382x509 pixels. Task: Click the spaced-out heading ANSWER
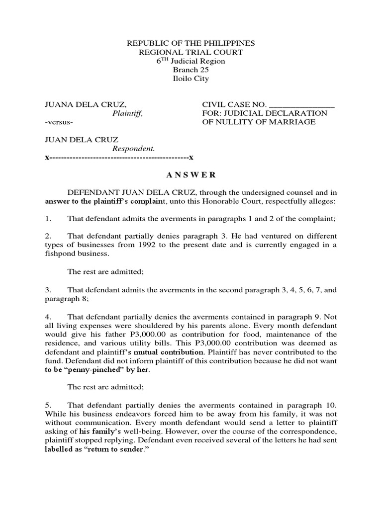[x=191, y=174]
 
